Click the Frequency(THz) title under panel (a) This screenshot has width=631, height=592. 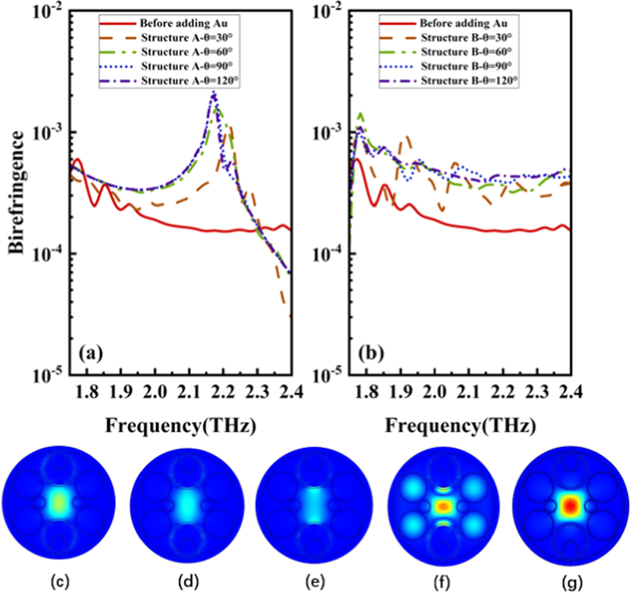181,426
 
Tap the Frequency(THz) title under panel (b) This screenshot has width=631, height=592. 460,426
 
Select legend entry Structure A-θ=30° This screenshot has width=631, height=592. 186,38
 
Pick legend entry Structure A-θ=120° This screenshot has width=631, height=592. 190,81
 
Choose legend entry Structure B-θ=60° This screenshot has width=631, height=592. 466,52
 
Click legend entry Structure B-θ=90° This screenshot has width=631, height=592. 466,66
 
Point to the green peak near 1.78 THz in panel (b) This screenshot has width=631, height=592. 361,113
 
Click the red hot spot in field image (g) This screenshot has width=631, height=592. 570,505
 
